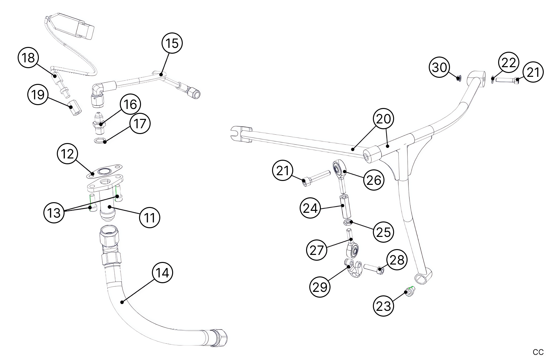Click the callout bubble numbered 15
pos(172,43)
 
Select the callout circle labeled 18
pos(28,58)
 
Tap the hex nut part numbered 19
pos(75,107)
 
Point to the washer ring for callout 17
pos(100,140)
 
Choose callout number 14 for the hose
pos(163,273)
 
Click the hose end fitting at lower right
pos(219,337)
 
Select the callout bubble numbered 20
pos(383,119)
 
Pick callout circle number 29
pos(320,286)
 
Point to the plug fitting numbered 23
pos(410,292)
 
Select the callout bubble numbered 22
pos(509,63)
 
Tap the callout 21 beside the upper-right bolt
pos(533,72)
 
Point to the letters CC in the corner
pos(538,352)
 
